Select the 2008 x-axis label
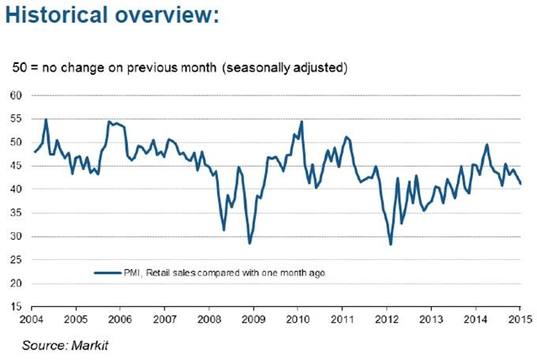tap(208, 320)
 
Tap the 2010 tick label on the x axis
tap(297, 320)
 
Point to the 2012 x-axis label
tap(386, 320)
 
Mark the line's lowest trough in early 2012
tap(391, 244)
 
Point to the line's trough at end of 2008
tap(250, 244)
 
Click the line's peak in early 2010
tap(302, 122)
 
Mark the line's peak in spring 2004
tap(46, 119)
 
